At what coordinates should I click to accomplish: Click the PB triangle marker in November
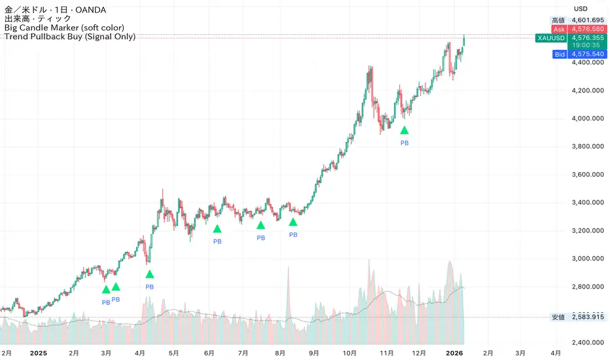pos(404,130)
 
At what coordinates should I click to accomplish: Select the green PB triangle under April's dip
pos(149,274)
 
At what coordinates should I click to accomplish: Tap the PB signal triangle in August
pos(293,223)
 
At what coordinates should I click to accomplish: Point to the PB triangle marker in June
pos(217,228)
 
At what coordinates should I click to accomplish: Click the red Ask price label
pos(560,29)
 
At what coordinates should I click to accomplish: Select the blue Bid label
pos(560,54)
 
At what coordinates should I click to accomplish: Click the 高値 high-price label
pos(558,21)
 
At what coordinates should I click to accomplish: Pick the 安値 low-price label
pos(558,317)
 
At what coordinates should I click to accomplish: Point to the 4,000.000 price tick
pos(588,118)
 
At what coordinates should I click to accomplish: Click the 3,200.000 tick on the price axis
pos(588,230)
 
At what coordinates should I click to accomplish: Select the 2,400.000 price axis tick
pos(588,342)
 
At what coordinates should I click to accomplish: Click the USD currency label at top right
pos(581,9)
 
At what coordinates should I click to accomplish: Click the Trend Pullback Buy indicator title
pos(69,37)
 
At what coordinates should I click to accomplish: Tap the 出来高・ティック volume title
pos(37,20)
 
